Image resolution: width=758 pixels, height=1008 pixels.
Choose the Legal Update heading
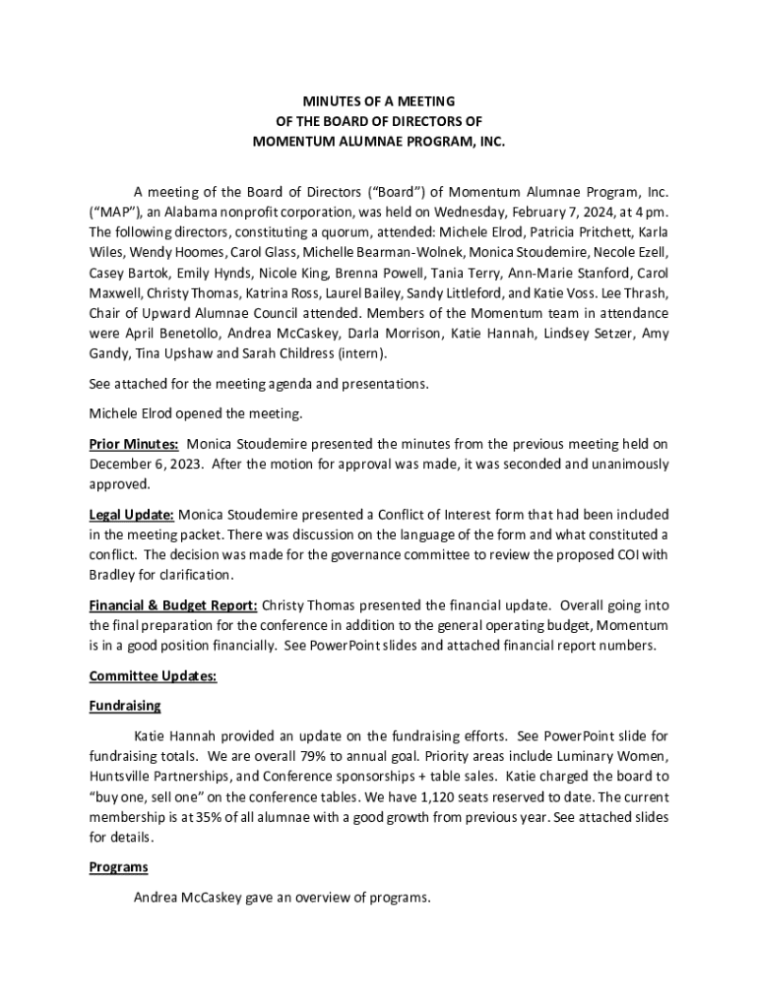click(132, 514)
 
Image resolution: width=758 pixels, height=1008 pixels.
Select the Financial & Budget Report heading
click(173, 605)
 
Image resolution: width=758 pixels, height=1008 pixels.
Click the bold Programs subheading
click(118, 867)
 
